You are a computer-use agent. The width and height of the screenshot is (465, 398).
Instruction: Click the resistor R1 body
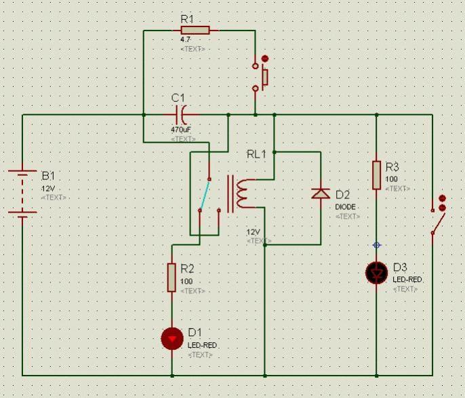pyautogui.click(x=195, y=30)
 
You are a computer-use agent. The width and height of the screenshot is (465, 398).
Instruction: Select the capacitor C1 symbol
pyautogui.click(x=180, y=115)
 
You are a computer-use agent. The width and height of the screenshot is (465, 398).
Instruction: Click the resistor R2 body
pyautogui.click(x=171, y=277)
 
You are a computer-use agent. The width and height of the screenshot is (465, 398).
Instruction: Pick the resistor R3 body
pyautogui.click(x=376, y=175)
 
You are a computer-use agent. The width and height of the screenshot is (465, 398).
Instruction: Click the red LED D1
pyautogui.click(x=171, y=338)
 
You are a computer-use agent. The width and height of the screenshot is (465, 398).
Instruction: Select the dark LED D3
pyautogui.click(x=376, y=272)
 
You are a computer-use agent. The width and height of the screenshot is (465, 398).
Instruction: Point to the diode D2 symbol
pyautogui.click(x=320, y=193)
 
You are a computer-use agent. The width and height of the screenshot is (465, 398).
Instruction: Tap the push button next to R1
pyautogui.click(x=260, y=77)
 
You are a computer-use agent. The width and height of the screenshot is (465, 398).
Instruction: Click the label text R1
pyautogui.click(x=188, y=18)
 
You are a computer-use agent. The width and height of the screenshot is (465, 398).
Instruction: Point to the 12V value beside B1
pyautogui.click(x=48, y=188)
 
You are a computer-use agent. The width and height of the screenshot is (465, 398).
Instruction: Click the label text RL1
pyautogui.click(x=256, y=155)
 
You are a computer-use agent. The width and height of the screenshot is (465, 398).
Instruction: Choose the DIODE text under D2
pyautogui.click(x=345, y=206)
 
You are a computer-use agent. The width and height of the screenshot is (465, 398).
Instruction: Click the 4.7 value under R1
pyautogui.click(x=185, y=40)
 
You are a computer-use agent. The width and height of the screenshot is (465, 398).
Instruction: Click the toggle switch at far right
pyautogui.click(x=438, y=217)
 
